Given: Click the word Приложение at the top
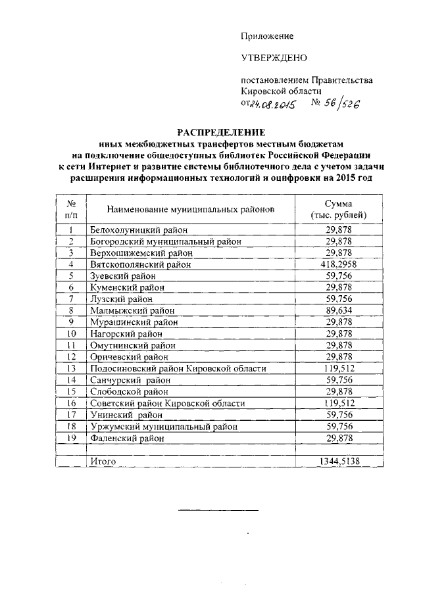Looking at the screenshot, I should pos(267,36).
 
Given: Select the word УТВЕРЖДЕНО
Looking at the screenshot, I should pos(274,58).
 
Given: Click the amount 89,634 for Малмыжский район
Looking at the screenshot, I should pos(338,310).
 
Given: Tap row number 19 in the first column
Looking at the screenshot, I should pos(72,438).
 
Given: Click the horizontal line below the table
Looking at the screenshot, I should pos(219,510).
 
